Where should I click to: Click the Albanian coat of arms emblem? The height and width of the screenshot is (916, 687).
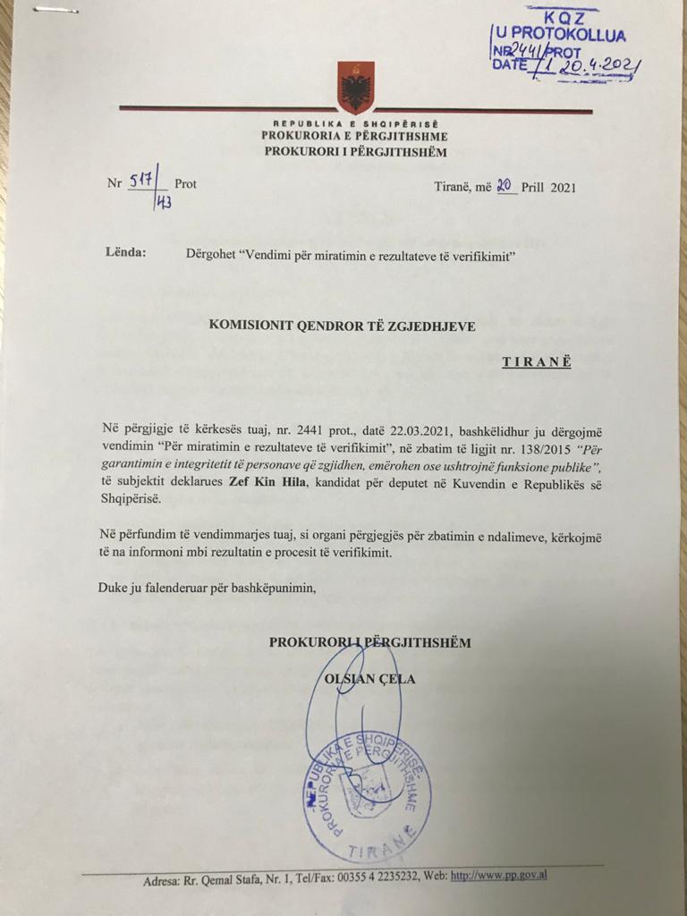[x=355, y=88]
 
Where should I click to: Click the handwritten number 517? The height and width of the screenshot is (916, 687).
[x=141, y=181]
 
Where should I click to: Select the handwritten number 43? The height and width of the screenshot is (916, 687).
[x=165, y=202]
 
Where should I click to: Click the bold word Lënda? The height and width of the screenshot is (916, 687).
[x=125, y=252]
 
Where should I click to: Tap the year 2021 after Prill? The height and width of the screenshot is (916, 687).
[x=563, y=187]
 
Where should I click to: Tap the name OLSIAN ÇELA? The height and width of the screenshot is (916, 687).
[x=369, y=679]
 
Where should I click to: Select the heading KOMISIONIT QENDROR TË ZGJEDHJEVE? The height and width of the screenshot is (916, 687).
[x=343, y=327]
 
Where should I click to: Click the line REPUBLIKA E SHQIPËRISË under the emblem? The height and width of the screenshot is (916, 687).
[x=356, y=123]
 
